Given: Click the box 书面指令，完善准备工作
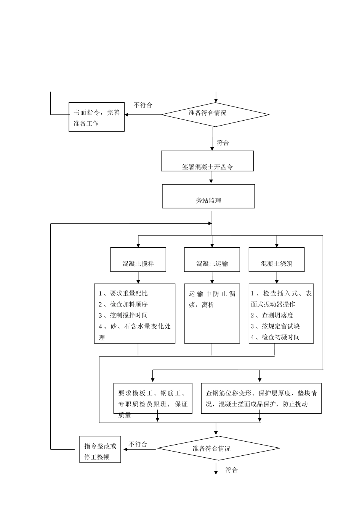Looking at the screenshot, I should (x=96, y=117).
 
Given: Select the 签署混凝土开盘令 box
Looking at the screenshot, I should (x=207, y=161).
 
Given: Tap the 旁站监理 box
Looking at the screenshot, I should (x=208, y=197).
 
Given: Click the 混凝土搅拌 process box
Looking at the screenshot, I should (x=138, y=260).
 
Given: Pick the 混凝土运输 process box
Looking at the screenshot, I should (x=212, y=260).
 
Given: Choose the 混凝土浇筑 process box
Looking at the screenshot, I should (x=277, y=260).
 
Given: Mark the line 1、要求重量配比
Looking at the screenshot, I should (x=123, y=293).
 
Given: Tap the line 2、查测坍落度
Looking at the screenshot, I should (x=272, y=315).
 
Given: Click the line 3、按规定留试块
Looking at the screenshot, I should (x=275, y=326).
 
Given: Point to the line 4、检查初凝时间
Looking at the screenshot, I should (x=275, y=337).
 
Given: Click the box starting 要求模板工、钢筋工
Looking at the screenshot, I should (x=153, y=398).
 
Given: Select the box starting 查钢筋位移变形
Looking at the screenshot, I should (x=261, y=398).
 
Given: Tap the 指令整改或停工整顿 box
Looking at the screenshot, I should (x=100, y=450).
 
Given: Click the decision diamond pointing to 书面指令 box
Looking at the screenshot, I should (x=215, y=114).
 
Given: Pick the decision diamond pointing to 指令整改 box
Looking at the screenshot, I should (x=219, y=448).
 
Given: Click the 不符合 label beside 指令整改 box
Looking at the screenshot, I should (x=138, y=444).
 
